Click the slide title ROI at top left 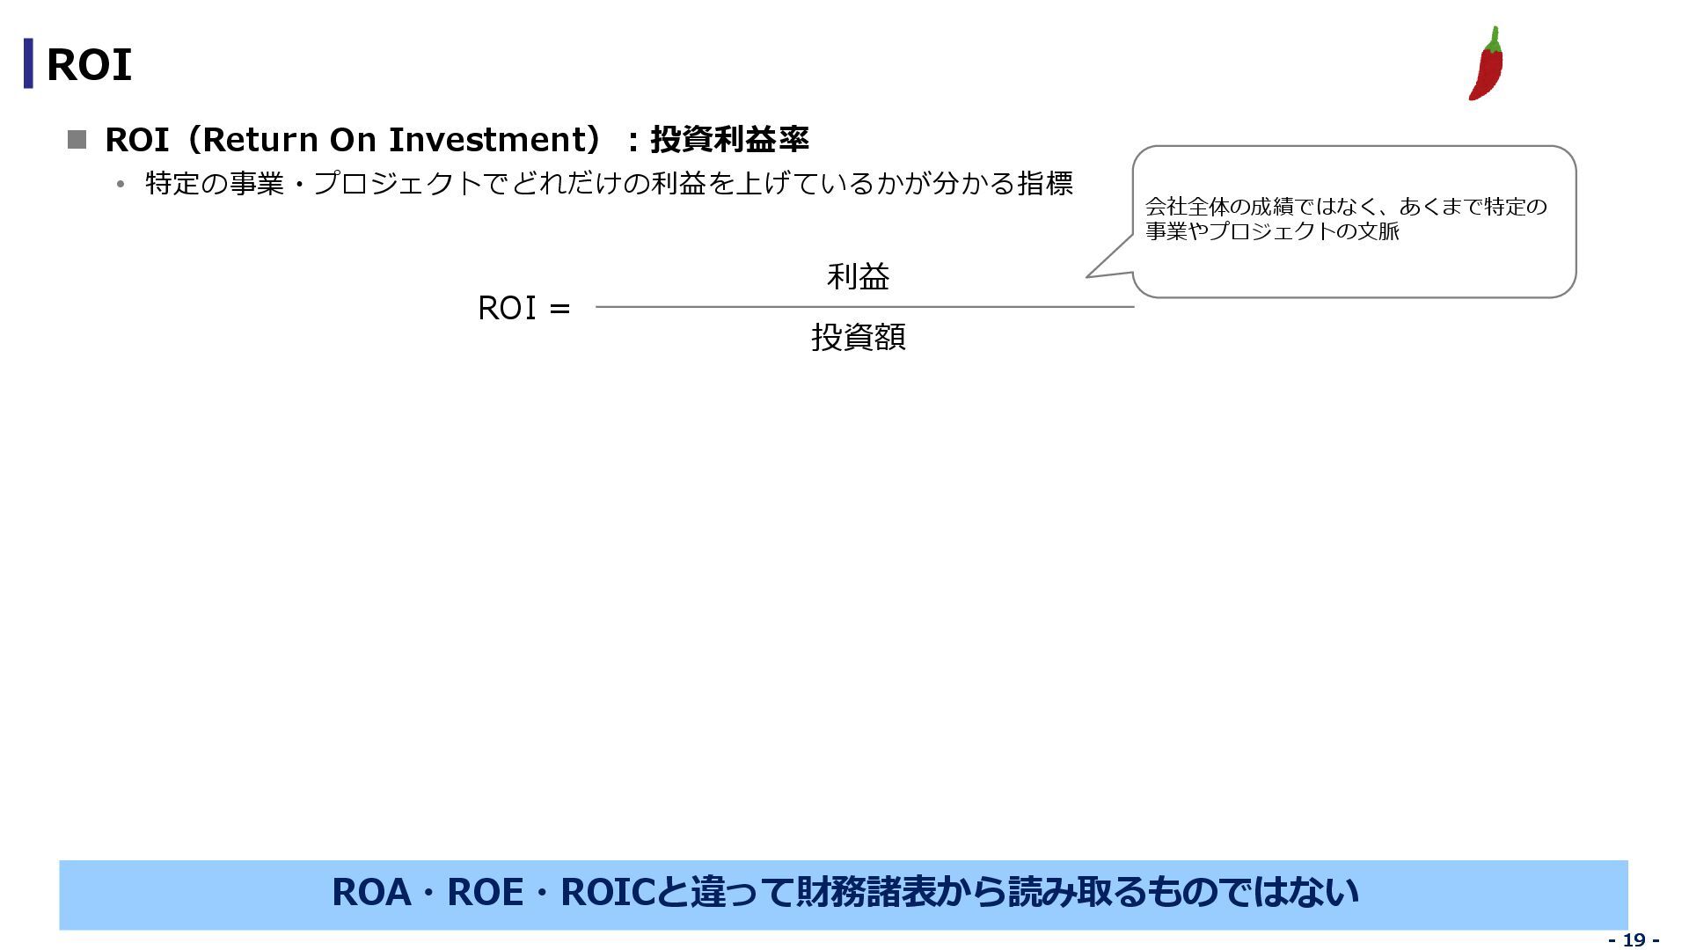(x=88, y=65)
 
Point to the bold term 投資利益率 (x=729, y=140)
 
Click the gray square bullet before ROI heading (x=77, y=140)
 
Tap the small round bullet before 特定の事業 (x=121, y=185)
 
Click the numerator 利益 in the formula (x=858, y=277)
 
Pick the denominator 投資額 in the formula (x=858, y=337)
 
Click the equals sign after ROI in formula (x=559, y=309)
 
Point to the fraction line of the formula (x=862, y=307)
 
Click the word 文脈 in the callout (x=1378, y=231)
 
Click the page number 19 (x=1634, y=939)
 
